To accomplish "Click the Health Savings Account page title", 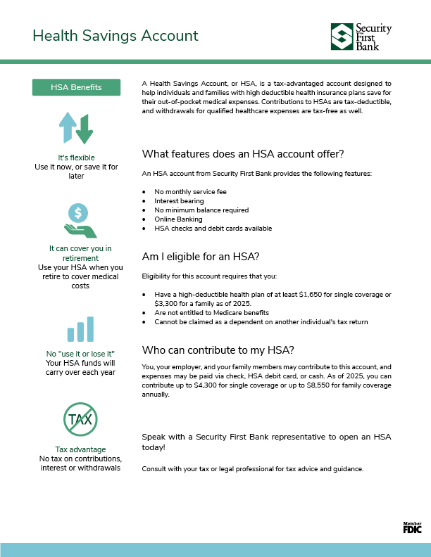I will coord(115,36).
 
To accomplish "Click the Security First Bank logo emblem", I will coord(343,36).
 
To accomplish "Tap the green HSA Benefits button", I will coord(76,87).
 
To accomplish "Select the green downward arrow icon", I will coord(85,130).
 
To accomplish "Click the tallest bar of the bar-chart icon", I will coord(89,328).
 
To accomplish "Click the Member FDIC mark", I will coord(412,527).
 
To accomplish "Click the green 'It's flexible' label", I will coord(76,158).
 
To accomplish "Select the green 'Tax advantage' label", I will coord(80,449).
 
